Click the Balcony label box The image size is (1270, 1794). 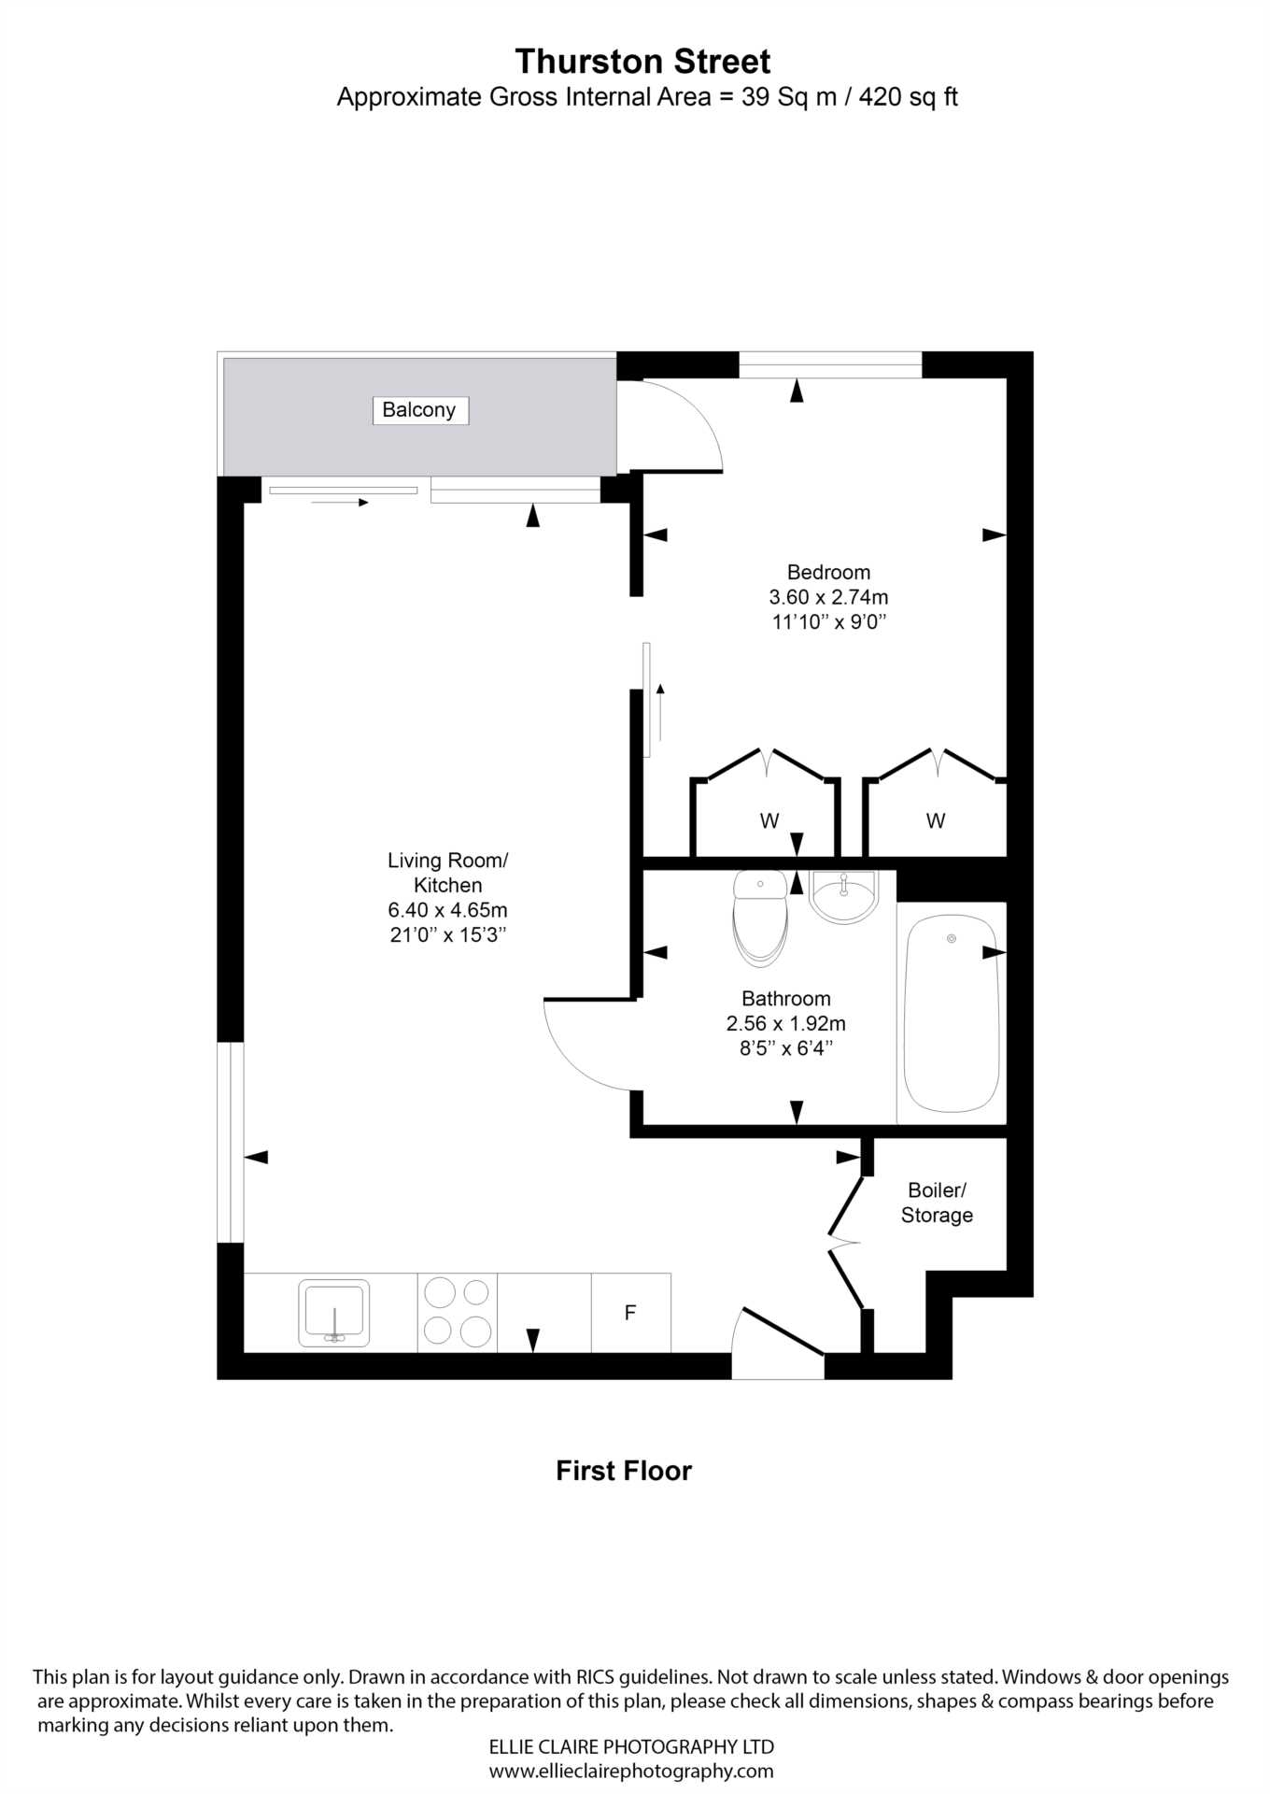[x=419, y=410]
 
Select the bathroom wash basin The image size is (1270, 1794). [x=843, y=896]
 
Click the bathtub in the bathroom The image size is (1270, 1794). [x=951, y=1013]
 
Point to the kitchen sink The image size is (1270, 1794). [x=333, y=1313]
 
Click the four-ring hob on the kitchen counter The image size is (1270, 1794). [x=457, y=1312]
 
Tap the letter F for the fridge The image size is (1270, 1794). [x=630, y=1313]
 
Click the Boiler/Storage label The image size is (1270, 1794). [x=937, y=1203]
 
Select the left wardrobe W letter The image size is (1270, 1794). [x=769, y=821]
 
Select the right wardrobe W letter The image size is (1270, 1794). [x=935, y=821]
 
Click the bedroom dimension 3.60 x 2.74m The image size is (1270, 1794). [x=828, y=597]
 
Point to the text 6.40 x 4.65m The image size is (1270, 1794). [x=447, y=910]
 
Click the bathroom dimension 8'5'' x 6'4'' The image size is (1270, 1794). [x=785, y=1048]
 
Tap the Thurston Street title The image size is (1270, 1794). [x=642, y=62]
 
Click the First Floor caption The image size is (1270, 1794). [x=624, y=1471]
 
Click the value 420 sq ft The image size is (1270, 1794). [x=908, y=97]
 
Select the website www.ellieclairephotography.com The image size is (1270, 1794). [x=631, y=1771]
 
